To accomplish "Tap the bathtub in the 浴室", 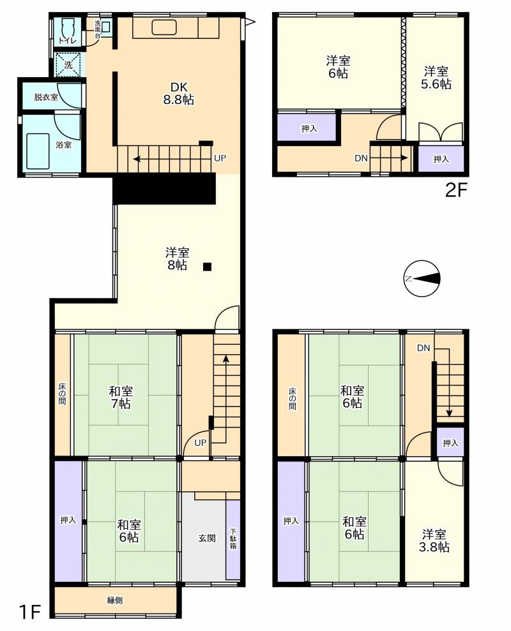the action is click(38, 151).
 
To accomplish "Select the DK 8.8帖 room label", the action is click(178, 93).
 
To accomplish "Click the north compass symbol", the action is click(422, 278).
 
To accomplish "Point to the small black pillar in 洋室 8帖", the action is click(207, 267).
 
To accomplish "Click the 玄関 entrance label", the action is click(207, 538).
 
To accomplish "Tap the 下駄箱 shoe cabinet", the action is click(233, 539).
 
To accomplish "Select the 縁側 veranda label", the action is click(115, 600).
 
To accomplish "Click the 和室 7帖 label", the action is click(121, 397).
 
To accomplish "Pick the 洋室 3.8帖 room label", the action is click(436, 541).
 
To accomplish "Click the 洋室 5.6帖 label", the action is click(436, 78).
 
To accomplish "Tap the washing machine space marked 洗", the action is click(68, 65).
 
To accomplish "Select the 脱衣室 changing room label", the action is click(46, 97).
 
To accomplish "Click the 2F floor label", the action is click(456, 190).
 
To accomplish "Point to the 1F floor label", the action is click(30, 612).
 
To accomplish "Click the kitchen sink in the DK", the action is click(164, 28).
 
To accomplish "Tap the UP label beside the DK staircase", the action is click(220, 158).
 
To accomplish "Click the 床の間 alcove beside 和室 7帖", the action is click(63, 394).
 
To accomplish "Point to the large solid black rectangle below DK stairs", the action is click(164, 189).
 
